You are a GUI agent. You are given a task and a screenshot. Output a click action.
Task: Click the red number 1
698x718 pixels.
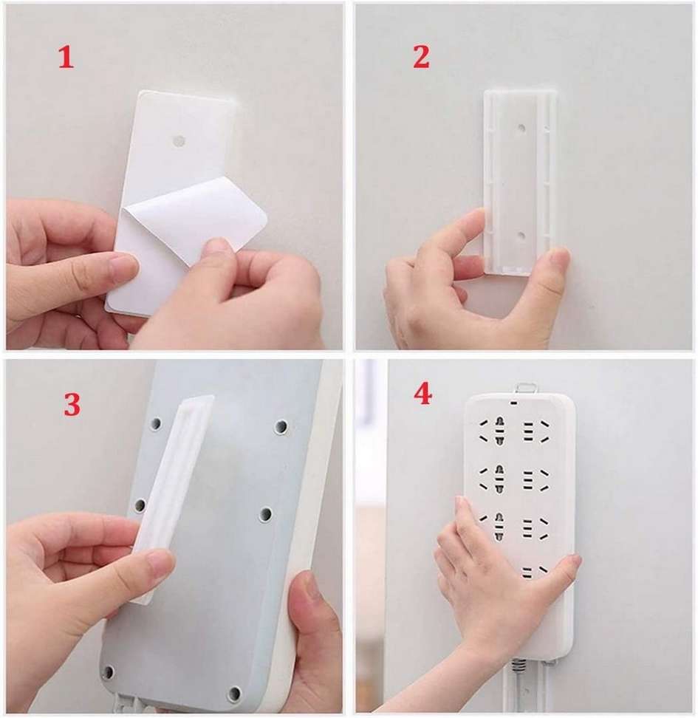[66, 58]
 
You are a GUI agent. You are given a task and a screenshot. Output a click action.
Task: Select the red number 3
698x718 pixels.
[72, 405]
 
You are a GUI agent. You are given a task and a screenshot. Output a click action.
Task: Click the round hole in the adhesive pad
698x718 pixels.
[177, 139]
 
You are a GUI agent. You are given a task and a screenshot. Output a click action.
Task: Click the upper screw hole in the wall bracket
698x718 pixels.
[521, 128]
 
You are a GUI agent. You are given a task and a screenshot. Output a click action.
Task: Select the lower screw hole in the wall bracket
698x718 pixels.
[521, 235]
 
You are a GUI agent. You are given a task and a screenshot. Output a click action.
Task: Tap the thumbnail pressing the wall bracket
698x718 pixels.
[558, 259]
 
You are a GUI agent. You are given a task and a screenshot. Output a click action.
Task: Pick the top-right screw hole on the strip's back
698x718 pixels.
[281, 426]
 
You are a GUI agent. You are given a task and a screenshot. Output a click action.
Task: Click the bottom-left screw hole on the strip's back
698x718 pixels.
[109, 671]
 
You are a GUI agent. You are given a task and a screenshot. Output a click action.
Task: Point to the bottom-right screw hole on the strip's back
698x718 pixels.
[234, 693]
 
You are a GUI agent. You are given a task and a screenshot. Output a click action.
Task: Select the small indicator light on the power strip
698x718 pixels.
[515, 405]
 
